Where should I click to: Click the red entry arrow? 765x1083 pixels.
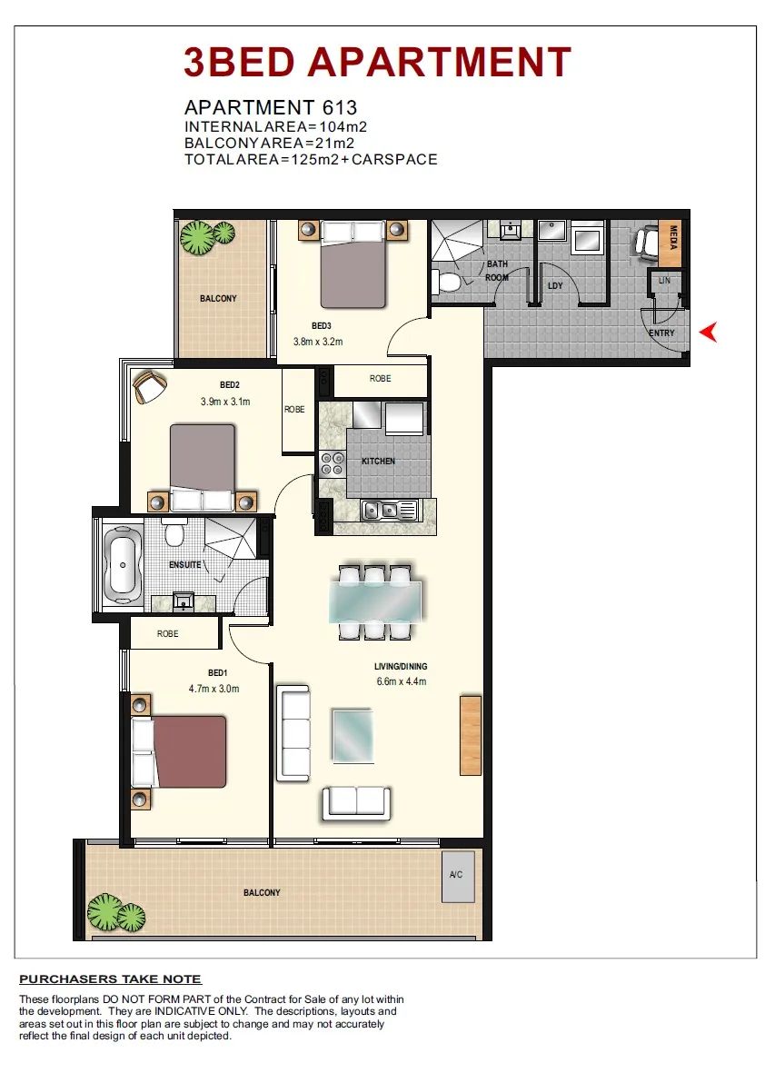coord(708,333)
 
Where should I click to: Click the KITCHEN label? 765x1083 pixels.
coord(378,461)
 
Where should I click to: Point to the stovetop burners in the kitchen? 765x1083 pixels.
coord(333,462)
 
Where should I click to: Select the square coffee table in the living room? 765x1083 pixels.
coord(353,735)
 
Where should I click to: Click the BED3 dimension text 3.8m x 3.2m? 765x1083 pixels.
coord(318,342)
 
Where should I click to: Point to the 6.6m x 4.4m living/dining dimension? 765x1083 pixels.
coord(402,681)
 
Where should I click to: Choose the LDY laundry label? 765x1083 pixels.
coord(555,285)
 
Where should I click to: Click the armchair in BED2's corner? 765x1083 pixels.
coord(149,387)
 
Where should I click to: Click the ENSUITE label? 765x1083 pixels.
coord(185,564)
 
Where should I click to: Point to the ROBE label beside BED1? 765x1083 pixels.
coord(168,633)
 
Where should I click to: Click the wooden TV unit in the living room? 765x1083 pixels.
coord(471,735)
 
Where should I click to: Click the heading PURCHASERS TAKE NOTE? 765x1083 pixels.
coord(111,979)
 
